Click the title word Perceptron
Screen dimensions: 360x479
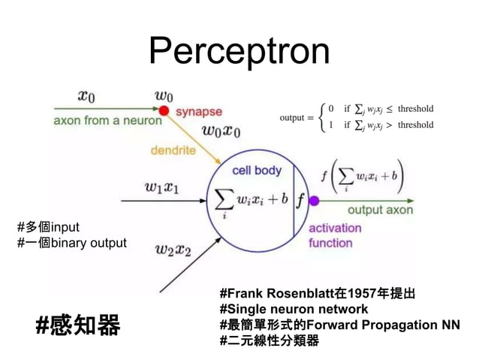[239, 51]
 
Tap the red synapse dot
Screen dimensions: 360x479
[163, 110]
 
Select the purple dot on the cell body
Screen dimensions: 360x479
[314, 201]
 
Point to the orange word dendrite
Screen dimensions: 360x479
[173, 150]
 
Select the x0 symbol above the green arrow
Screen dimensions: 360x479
[86, 96]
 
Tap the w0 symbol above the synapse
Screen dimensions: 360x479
[164, 95]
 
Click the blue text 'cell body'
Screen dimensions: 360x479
[257, 171]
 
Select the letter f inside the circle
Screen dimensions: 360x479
[300, 201]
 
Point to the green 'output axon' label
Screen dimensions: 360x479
[379, 210]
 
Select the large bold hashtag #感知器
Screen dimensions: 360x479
[78, 325]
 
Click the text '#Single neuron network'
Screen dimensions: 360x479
[294, 309]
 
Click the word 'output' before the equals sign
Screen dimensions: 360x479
[292, 118]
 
